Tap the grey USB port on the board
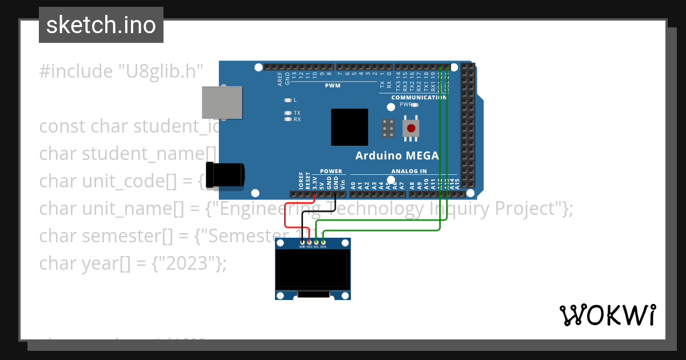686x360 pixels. (x=221, y=103)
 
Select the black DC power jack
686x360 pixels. (x=225, y=175)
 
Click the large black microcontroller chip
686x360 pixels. (x=349, y=127)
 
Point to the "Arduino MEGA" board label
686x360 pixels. (x=397, y=155)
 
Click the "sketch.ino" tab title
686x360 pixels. (x=101, y=25)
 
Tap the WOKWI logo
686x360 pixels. (x=607, y=315)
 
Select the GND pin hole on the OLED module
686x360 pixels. (x=302, y=242)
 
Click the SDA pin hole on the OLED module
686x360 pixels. (x=323, y=242)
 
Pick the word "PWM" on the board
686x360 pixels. (x=333, y=86)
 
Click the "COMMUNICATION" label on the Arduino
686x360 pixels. (x=418, y=98)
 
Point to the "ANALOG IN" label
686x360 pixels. (x=409, y=171)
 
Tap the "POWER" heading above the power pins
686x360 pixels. (x=331, y=171)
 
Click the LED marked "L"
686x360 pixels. (x=288, y=100)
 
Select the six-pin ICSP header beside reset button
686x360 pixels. (x=388, y=128)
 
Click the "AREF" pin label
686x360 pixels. (x=280, y=78)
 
